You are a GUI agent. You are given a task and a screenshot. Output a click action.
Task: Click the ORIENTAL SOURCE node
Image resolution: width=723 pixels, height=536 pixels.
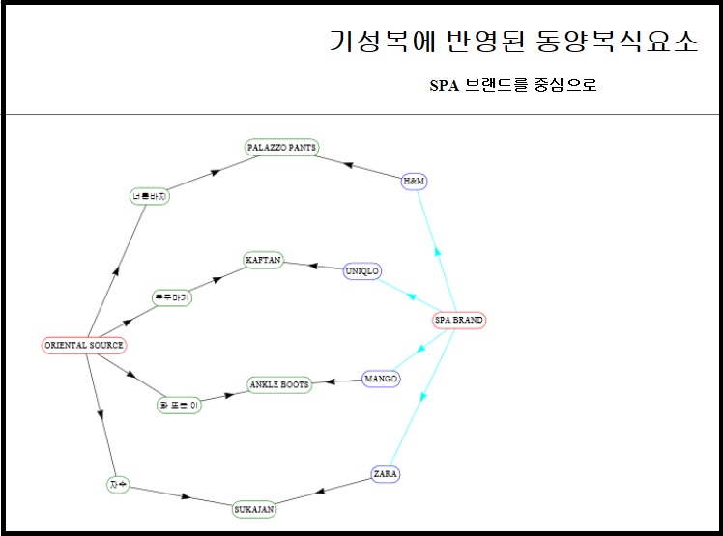(84, 345)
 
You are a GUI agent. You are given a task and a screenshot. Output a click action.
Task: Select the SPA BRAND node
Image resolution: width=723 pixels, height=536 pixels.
(459, 320)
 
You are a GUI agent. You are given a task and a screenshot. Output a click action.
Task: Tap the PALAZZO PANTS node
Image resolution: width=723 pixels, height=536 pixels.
(281, 147)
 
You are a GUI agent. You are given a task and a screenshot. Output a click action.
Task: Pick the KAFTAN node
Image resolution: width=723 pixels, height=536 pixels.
(263, 260)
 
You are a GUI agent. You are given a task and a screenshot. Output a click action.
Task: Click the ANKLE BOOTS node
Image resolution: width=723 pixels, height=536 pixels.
(279, 384)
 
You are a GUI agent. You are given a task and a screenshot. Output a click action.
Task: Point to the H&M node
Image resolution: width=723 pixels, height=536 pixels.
(414, 182)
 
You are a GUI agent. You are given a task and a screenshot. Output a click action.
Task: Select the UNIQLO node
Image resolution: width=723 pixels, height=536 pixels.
(362, 271)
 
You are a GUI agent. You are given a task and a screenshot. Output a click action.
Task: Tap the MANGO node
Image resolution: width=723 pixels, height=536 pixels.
(381, 378)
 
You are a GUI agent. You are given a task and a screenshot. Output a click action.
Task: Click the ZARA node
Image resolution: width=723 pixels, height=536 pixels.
(386, 474)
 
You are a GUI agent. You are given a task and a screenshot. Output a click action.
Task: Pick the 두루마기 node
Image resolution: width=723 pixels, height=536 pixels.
(172, 297)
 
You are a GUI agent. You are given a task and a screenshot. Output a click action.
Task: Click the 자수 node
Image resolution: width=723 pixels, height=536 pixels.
(118, 484)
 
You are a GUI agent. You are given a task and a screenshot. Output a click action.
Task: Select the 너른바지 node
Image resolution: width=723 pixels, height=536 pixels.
(150, 197)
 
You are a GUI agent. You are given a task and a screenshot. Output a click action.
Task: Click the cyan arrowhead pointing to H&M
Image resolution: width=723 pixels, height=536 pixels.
(438, 251)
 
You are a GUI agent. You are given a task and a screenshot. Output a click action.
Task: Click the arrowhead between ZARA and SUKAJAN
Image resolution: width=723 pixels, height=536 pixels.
(321, 492)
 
